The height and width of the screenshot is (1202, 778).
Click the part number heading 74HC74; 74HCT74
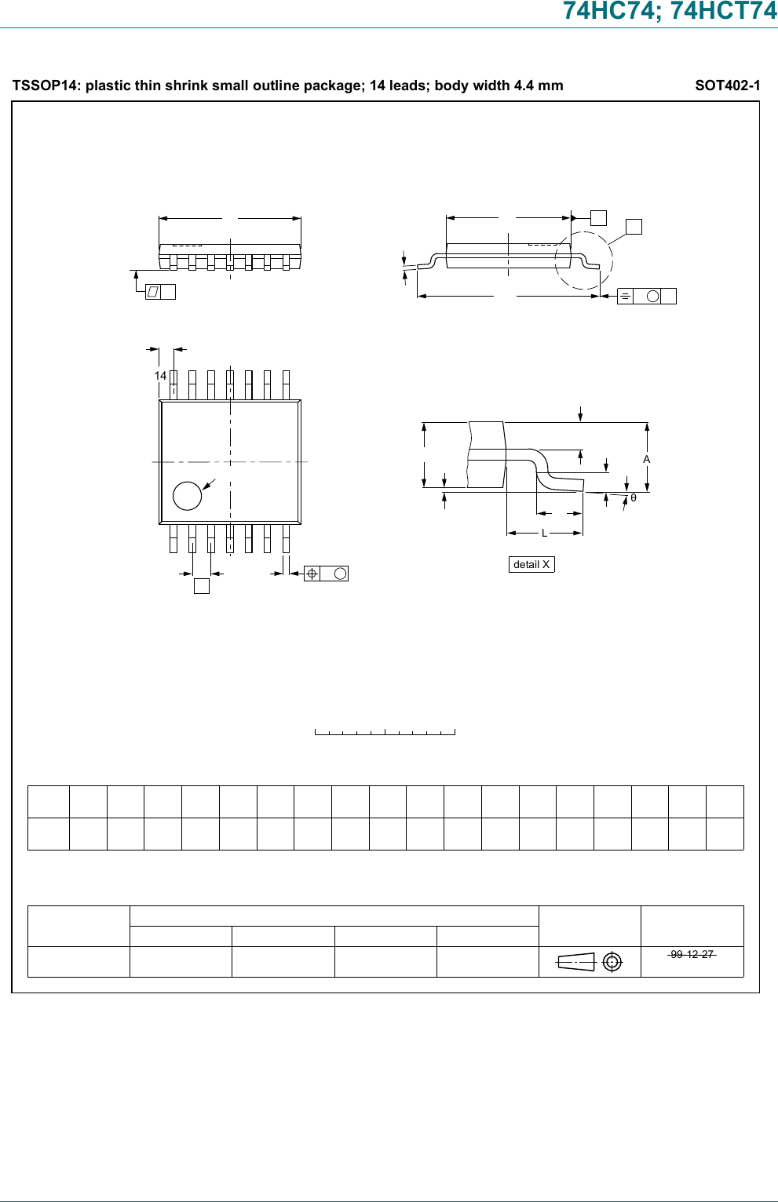(x=670, y=11)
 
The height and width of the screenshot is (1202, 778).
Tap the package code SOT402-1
(x=727, y=86)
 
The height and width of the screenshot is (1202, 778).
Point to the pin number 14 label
(x=160, y=376)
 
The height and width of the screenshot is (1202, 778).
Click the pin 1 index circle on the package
(x=187, y=496)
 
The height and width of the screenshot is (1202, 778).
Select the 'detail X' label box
(x=531, y=564)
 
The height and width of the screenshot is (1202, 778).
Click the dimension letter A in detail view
(x=647, y=459)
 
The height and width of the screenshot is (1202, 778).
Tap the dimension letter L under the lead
(x=544, y=534)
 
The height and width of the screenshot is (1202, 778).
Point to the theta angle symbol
(x=634, y=498)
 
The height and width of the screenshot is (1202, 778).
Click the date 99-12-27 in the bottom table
(x=692, y=954)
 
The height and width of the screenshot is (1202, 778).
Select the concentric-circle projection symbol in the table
(x=612, y=962)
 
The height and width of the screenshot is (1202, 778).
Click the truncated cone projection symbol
(x=576, y=962)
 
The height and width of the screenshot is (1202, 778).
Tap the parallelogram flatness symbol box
(x=153, y=292)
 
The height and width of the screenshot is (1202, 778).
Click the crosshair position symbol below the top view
(x=312, y=574)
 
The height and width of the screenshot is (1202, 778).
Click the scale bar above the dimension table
(x=385, y=732)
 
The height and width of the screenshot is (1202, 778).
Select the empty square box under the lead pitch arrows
(x=202, y=585)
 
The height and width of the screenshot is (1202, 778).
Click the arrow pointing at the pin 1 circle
(x=209, y=485)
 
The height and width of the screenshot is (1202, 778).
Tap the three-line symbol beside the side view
(x=625, y=296)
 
